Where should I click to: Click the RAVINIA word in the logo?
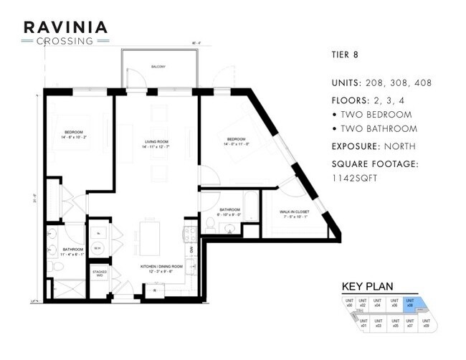pyautogui.click(x=66, y=27)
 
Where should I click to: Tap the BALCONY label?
pyautogui.click(x=158, y=67)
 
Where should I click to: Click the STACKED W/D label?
pyautogui.click(x=99, y=273)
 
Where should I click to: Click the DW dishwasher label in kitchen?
pyautogui.click(x=191, y=249)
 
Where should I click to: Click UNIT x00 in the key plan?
pyautogui.click(x=349, y=303)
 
